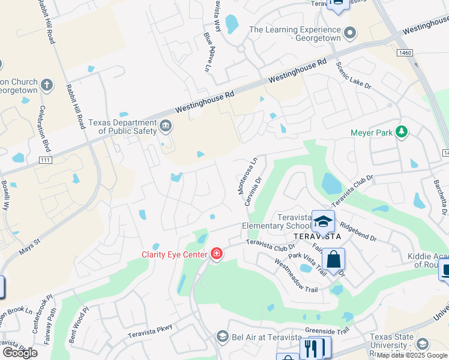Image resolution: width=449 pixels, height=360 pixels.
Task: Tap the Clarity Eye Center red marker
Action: click(x=217, y=254)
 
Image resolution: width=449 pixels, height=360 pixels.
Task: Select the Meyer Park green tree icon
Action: click(x=402, y=132)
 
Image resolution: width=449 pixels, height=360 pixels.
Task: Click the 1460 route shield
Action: click(x=405, y=53)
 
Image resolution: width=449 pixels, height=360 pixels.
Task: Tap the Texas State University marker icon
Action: click(x=423, y=344)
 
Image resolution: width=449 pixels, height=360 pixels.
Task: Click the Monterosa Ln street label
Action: click(x=243, y=176)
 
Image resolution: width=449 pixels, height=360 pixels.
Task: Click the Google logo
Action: click(x=20, y=352)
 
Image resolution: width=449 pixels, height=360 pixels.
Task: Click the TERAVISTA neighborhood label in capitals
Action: click(x=318, y=236)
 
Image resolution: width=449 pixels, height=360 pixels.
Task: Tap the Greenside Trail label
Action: click(x=327, y=331)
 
